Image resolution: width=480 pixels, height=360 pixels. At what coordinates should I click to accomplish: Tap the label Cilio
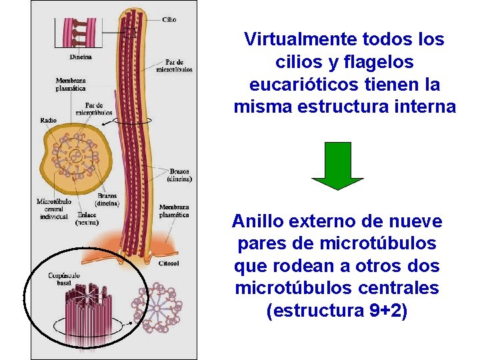point(169,20)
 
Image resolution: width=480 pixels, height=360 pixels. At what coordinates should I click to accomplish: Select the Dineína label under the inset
point(80,57)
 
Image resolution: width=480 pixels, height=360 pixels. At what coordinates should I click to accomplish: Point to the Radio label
point(48,121)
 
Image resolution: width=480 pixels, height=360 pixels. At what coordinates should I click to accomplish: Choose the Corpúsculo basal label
point(64,279)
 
